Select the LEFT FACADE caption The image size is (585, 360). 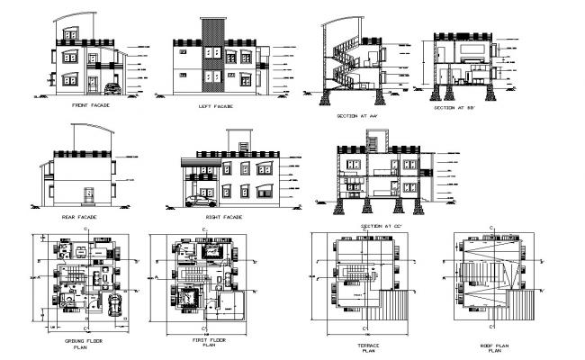tap(216, 106)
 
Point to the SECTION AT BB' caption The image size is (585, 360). tap(459, 108)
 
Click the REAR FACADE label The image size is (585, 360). tap(79, 217)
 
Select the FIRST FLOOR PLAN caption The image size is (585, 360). tap(208, 342)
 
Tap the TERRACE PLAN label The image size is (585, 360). tap(358, 346)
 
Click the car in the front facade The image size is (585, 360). tap(112, 88)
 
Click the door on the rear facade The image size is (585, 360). tap(88, 197)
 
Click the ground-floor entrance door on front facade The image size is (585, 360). tap(93, 84)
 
